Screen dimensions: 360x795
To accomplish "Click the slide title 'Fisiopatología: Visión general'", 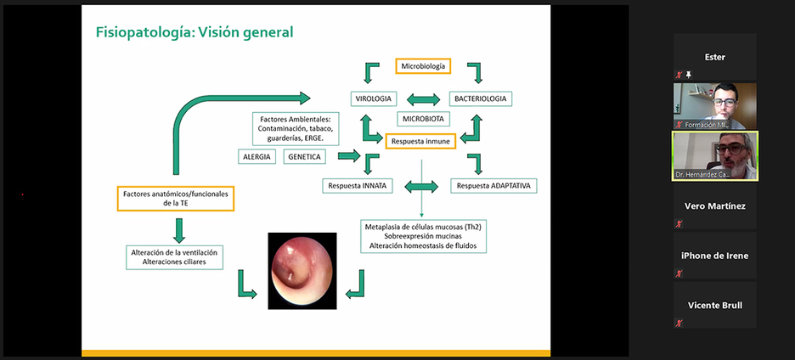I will (195, 33).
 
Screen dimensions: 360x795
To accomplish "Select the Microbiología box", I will (422, 65).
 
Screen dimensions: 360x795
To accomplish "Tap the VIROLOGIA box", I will (375, 98).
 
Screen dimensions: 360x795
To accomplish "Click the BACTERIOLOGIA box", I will (480, 98).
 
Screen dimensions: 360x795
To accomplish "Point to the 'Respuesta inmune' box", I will (420, 140).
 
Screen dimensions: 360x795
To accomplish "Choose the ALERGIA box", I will (257, 157).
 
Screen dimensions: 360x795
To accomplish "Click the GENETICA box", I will (304, 157).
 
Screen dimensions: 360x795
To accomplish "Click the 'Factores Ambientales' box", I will (292, 128).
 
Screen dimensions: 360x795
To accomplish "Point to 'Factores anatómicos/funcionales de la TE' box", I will (176, 199).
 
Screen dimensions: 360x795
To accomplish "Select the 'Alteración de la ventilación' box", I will (174, 257).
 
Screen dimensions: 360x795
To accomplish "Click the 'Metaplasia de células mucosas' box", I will (423, 236).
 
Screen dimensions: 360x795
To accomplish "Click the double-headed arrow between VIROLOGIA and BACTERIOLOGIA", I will (423, 99).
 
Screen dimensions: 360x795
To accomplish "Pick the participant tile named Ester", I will (714, 57).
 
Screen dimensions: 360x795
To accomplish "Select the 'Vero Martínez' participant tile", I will (714, 206).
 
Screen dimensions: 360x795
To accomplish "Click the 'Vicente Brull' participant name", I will (714, 305).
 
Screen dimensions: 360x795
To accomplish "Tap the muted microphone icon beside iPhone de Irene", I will (679, 273).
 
